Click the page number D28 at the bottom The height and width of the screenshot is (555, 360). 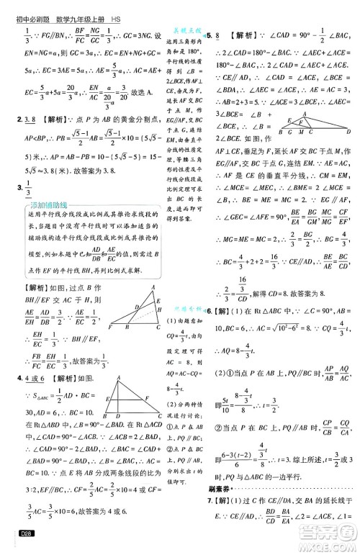[14, 532]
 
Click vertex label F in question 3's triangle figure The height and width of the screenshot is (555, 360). [109, 328]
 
